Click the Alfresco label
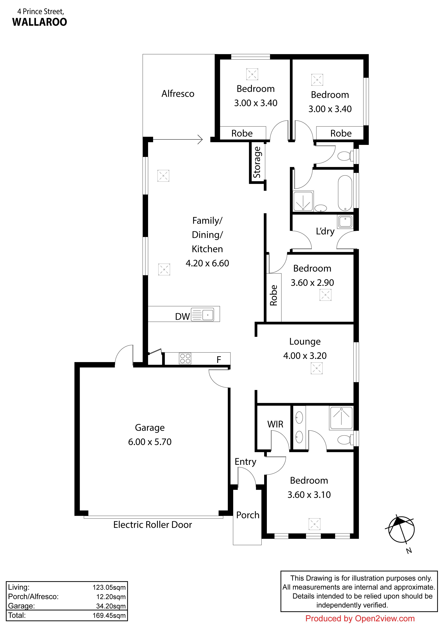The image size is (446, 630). coord(178,94)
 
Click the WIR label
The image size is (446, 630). coord(275,424)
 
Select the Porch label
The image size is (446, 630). coord(248,515)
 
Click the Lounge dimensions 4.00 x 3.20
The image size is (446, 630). coord(305,356)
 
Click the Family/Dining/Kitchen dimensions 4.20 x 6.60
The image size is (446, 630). coord(207,263)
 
